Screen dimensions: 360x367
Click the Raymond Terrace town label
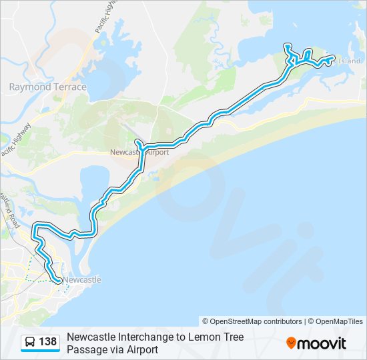pos(47,87)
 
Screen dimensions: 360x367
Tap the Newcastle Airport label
pos(139,152)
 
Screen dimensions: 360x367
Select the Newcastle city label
pos(83,280)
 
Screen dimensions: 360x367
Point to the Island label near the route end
pos(349,61)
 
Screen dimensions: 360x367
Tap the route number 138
pos(48,342)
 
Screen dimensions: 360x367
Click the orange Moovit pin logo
pos(291,343)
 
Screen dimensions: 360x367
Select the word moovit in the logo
pos(322,343)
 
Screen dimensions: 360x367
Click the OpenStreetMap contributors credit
pos(252,321)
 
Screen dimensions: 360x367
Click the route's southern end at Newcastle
pos(58,281)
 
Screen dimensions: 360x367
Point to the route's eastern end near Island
pos(332,58)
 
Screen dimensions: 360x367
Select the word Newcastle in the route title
pos(89,337)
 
